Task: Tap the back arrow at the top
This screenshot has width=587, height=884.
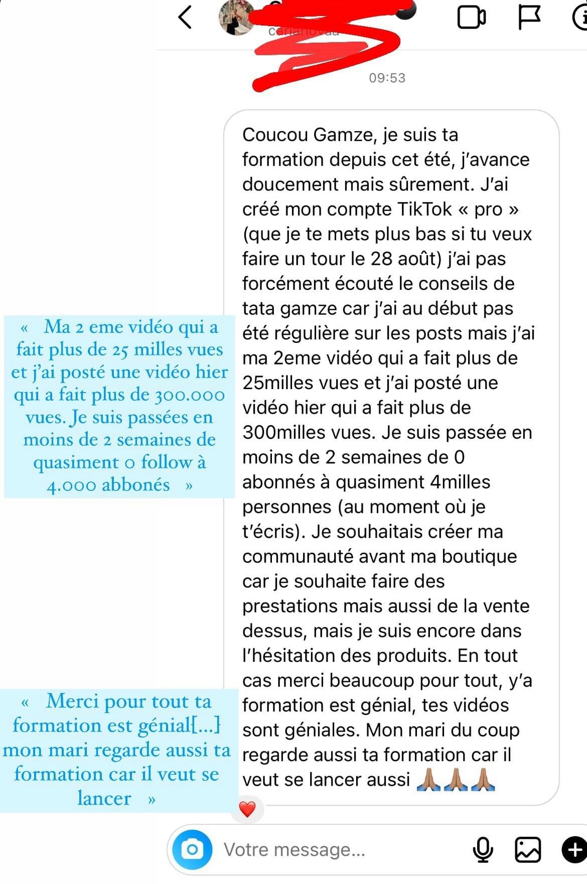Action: click(185, 17)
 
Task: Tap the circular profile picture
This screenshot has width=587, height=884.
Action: click(236, 18)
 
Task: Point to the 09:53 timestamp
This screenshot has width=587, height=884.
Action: click(387, 78)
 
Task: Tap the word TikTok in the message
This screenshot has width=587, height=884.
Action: click(424, 209)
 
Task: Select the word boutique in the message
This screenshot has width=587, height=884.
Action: click(479, 557)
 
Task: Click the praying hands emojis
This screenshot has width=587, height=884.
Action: click(456, 780)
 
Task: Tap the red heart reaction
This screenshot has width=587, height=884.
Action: click(247, 808)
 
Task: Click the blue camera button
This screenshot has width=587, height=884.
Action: click(192, 849)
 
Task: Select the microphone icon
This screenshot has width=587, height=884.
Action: click(483, 849)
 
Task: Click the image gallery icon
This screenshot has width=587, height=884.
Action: click(528, 849)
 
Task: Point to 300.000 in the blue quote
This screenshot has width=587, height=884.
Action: click(190, 395)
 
